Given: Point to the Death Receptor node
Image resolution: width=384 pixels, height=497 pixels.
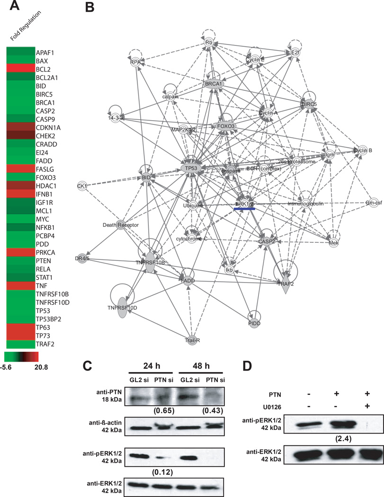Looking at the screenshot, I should coord(122,225).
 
